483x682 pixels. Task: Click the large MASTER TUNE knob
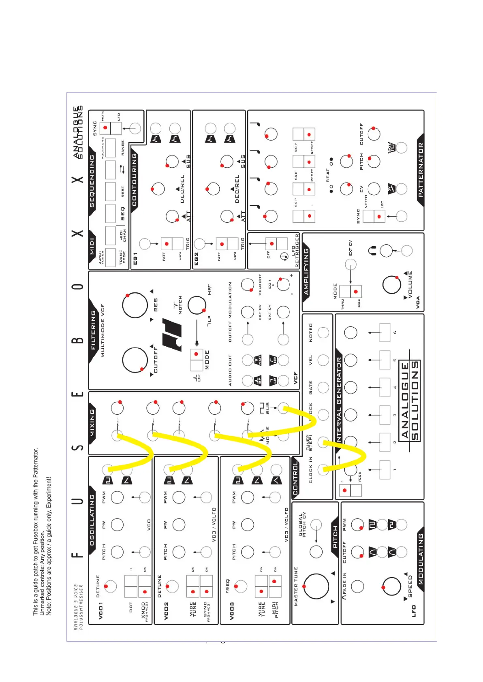point(316,586)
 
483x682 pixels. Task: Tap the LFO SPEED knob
point(391,586)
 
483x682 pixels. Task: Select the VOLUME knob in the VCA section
point(391,285)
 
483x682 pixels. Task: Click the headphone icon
point(372,251)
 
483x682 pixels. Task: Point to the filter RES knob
point(135,305)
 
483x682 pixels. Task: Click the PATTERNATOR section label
point(421,170)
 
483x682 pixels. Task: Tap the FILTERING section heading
point(94,330)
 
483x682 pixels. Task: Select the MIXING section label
point(92,422)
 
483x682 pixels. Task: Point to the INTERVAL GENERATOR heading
point(339,399)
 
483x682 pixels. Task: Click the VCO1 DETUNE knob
point(110,586)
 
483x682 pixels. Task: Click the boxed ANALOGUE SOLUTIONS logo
point(409,400)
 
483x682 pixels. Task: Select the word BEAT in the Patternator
point(328,175)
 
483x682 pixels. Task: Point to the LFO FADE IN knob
point(357,586)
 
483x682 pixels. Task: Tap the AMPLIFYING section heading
point(306,271)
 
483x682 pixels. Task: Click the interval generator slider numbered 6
point(385,332)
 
